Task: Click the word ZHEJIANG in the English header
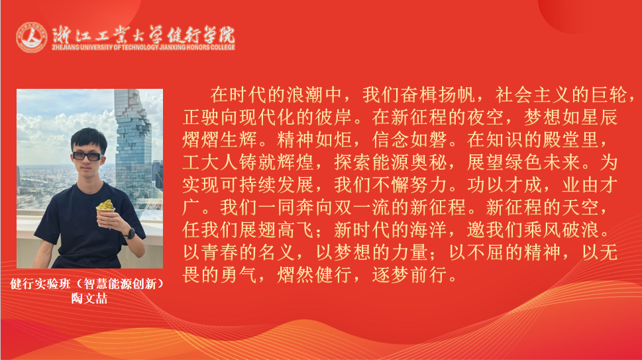click(x=64, y=48)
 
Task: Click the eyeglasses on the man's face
click(x=87, y=155)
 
